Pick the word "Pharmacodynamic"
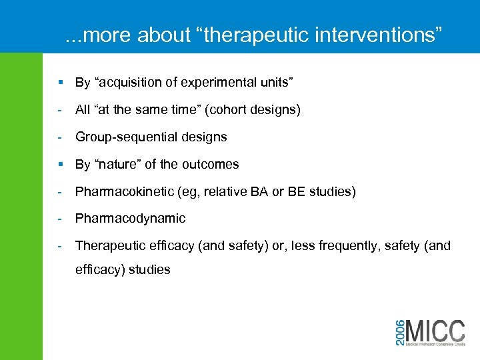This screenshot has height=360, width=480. click(130, 219)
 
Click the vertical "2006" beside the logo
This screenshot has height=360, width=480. click(399, 331)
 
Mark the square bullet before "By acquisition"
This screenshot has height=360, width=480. click(60, 83)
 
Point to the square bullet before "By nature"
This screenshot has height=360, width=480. click(60, 164)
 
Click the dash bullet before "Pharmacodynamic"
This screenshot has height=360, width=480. click(60, 219)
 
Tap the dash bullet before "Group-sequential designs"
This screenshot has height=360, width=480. click(60, 137)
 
